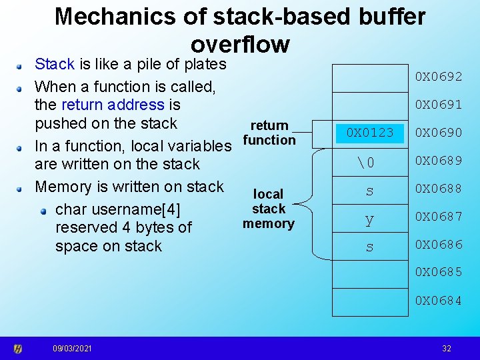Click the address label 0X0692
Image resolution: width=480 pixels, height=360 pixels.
[439, 77]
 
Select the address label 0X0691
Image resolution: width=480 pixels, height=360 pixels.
[439, 105]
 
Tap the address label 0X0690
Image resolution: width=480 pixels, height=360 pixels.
[439, 133]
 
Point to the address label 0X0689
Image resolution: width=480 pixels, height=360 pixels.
[439, 161]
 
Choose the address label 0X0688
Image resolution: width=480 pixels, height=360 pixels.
[439, 189]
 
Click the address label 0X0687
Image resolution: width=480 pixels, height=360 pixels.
[439, 217]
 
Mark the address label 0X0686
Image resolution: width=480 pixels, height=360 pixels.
[439, 245]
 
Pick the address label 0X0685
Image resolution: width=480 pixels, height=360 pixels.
[439, 273]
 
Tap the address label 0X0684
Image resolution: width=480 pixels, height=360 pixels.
[439, 301]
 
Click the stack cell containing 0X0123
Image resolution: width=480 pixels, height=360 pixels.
[370, 133]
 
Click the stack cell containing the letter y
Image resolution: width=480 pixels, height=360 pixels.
[369, 219]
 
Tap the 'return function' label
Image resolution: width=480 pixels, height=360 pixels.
[269, 133]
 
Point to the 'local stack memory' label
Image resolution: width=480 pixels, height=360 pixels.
[269, 209]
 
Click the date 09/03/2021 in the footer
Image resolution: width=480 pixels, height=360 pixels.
[73, 349]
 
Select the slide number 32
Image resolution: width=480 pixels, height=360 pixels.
[447, 349]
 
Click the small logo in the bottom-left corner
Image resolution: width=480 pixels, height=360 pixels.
[18, 349]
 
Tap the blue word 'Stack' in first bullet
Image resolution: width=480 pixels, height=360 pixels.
[55, 65]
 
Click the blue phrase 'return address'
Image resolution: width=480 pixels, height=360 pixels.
[112, 105]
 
